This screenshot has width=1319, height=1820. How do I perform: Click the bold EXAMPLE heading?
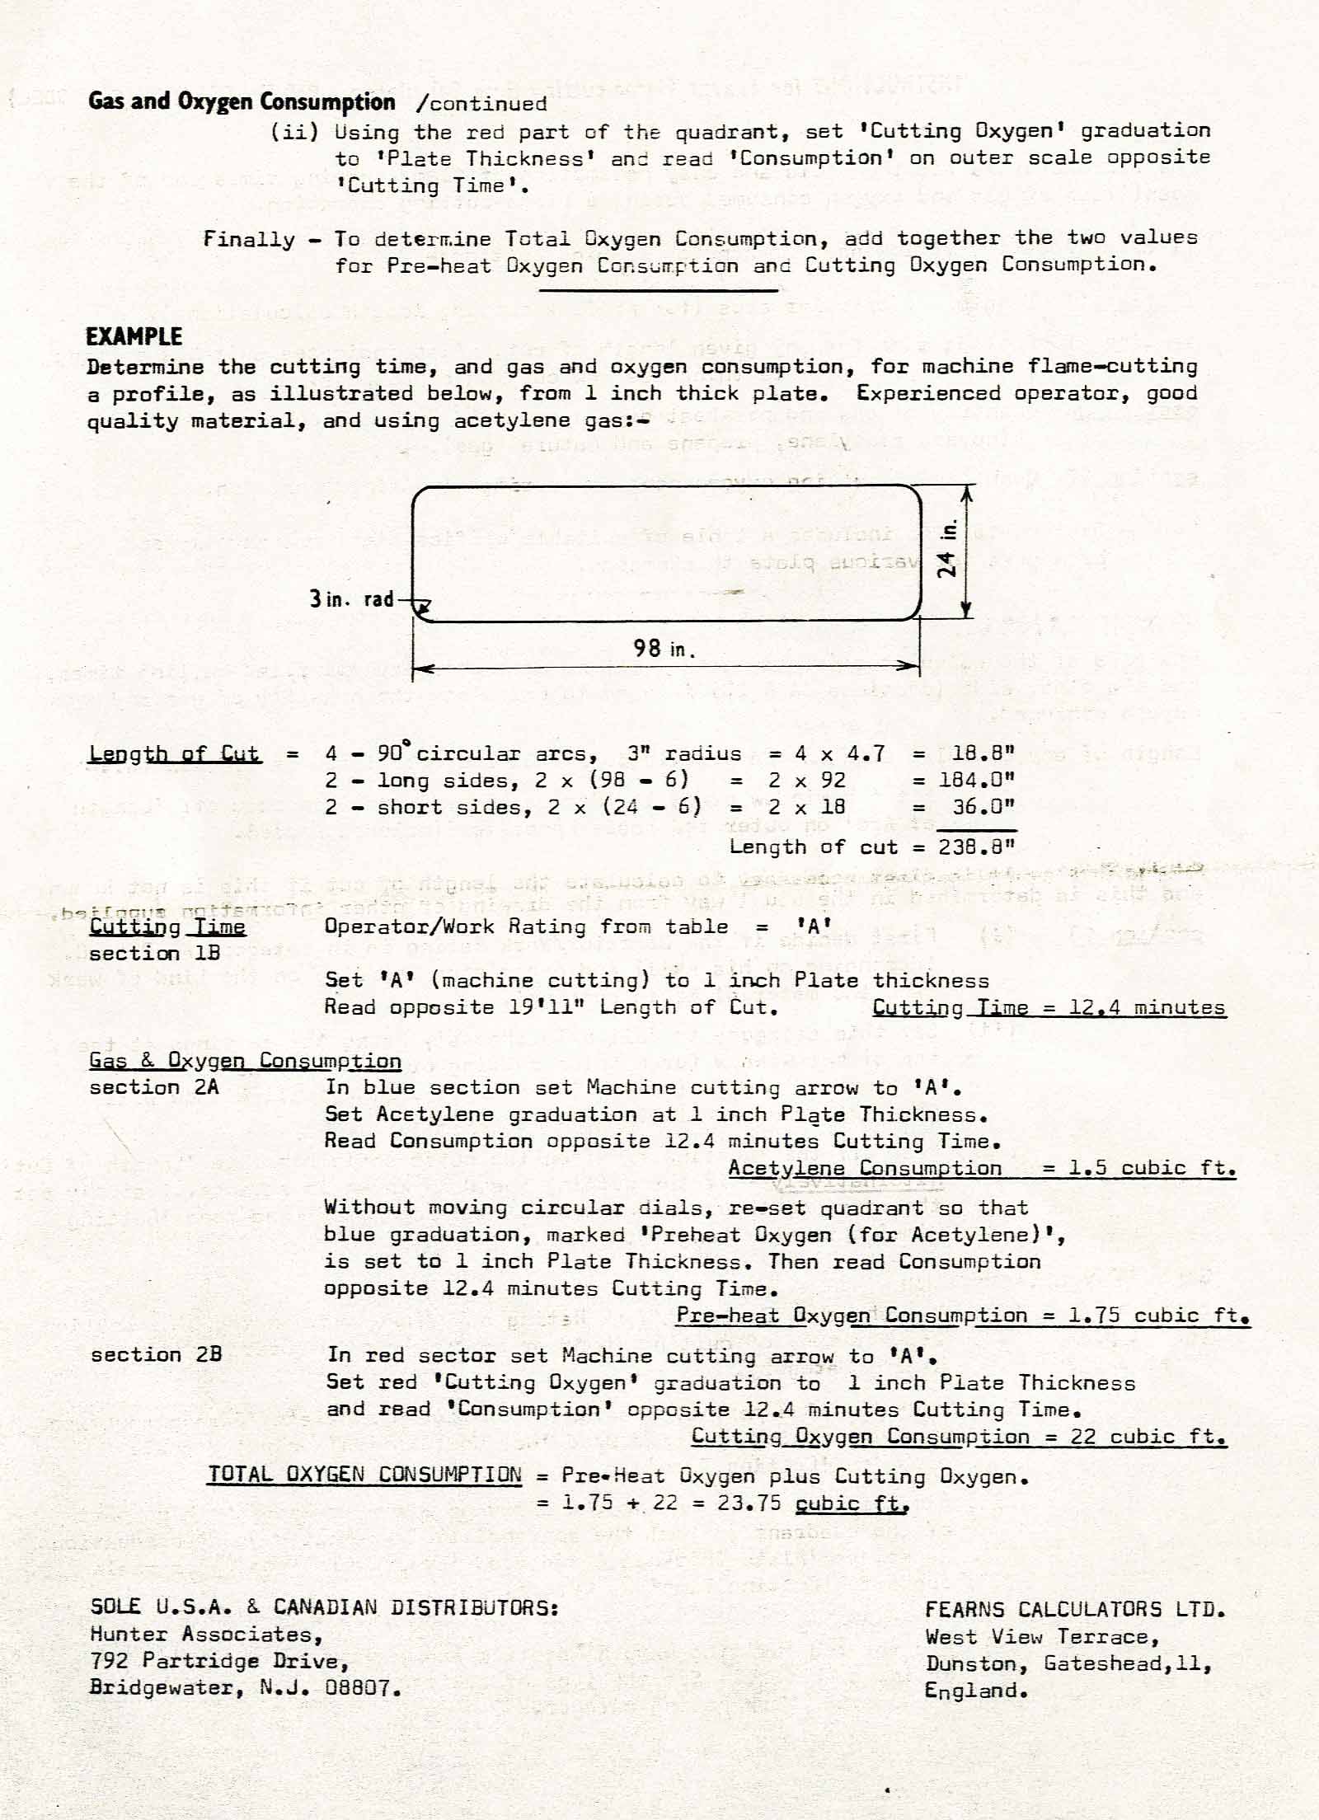point(134,336)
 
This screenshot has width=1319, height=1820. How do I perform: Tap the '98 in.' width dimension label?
point(664,649)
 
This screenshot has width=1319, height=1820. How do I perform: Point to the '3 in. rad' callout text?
point(352,599)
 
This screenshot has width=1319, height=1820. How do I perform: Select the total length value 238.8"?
point(977,847)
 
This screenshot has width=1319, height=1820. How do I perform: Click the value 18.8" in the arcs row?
point(983,753)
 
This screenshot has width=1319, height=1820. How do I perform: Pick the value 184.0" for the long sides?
point(977,781)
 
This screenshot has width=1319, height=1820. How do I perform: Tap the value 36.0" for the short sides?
point(983,807)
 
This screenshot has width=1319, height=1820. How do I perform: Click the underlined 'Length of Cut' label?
point(175,753)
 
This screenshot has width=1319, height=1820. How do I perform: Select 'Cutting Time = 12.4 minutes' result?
point(1049,1007)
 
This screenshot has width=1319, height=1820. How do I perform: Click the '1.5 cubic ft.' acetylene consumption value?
point(1152,1168)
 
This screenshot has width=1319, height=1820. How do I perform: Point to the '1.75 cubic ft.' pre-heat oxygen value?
point(1158,1315)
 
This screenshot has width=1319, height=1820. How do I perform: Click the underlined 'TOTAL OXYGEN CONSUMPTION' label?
point(364,1475)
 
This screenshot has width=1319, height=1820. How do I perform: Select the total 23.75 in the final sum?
point(749,1503)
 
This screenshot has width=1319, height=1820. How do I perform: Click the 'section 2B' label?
point(156,1354)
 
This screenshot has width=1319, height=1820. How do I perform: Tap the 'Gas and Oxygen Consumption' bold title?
point(242,102)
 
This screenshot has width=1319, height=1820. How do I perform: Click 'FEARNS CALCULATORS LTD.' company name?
point(1075,1608)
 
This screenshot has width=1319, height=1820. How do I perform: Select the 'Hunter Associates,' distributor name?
point(206,1634)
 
